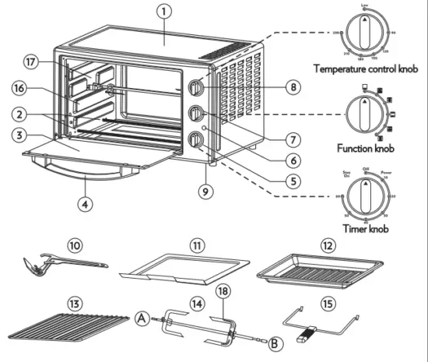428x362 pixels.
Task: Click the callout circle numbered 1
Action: click(163, 12)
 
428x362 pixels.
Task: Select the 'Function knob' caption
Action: click(364, 147)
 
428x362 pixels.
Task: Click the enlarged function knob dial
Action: click(364, 114)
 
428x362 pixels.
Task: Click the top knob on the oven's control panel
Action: click(195, 86)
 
